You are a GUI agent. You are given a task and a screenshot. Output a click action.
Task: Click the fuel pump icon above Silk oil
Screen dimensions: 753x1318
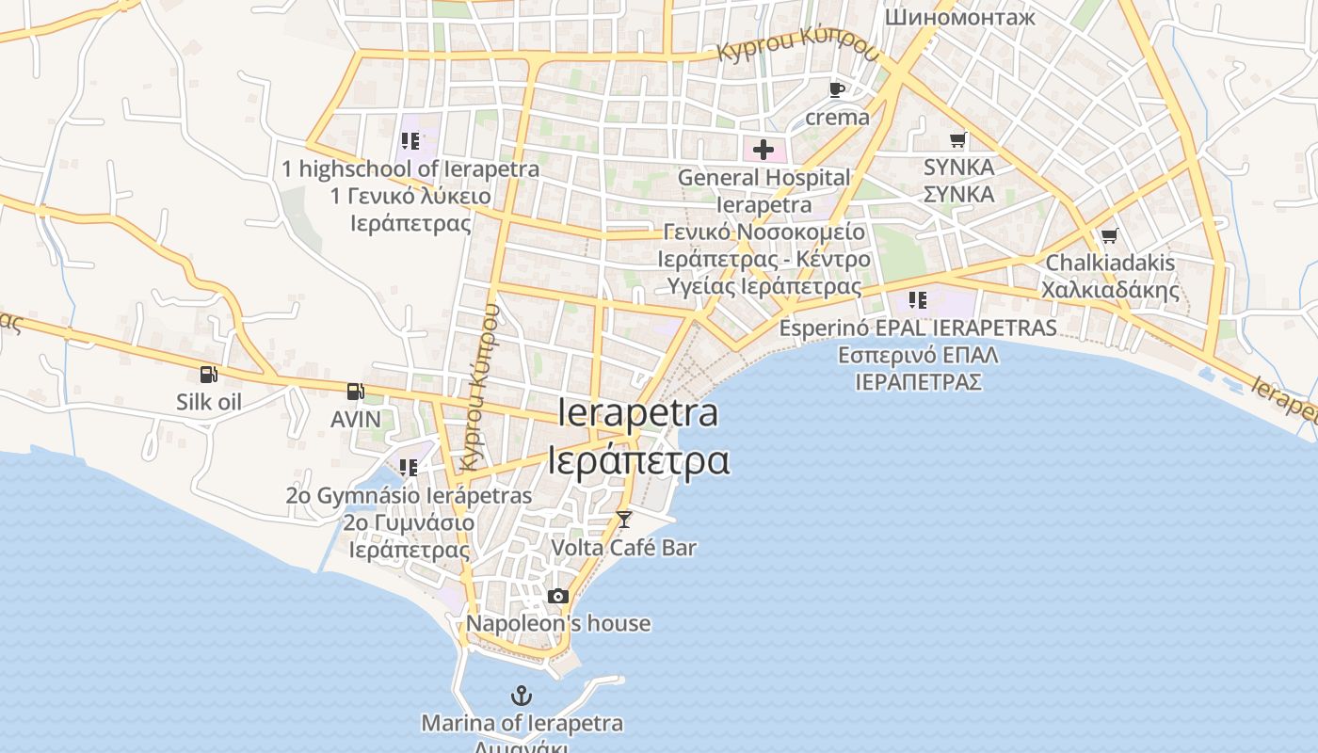(209, 375)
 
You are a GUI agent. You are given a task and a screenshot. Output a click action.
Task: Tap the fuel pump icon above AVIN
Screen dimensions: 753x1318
(355, 392)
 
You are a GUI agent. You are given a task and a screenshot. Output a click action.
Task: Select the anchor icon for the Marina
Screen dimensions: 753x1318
(521, 697)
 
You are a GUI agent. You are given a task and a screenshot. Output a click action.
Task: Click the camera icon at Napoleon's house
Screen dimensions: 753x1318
(558, 596)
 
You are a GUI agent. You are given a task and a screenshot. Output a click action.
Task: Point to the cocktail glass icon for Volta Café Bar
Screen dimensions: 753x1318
(623, 519)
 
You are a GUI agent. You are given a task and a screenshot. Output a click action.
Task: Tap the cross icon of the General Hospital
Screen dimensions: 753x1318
(763, 150)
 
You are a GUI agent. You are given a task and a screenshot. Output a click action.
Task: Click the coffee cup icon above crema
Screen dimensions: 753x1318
(836, 90)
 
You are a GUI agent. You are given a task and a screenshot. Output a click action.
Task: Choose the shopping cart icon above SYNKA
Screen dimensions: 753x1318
(958, 140)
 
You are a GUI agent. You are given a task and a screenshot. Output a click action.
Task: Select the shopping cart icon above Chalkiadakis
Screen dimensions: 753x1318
(1110, 235)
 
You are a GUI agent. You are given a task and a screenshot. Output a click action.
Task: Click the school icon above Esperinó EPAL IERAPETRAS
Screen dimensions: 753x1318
(918, 300)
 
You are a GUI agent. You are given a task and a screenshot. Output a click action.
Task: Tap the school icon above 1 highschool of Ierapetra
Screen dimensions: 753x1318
(410, 141)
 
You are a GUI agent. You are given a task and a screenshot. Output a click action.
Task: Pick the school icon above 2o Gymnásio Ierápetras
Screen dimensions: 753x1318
(409, 467)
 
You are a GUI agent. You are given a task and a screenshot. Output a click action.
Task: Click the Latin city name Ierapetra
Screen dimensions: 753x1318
(638, 412)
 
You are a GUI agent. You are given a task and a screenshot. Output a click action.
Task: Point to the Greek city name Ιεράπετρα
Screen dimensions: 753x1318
(638, 460)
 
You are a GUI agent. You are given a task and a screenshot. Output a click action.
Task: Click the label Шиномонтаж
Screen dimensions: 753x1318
(959, 17)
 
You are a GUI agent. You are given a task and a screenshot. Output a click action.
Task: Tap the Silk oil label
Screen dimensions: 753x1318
(209, 402)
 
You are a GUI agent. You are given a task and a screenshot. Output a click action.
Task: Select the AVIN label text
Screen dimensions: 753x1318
(356, 419)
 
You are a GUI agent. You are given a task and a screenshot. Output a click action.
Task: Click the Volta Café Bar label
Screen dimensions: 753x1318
(623, 547)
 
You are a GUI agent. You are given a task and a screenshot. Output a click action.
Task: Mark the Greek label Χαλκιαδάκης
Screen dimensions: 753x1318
(1110, 289)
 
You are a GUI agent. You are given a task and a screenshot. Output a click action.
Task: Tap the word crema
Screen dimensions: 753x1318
(837, 118)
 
